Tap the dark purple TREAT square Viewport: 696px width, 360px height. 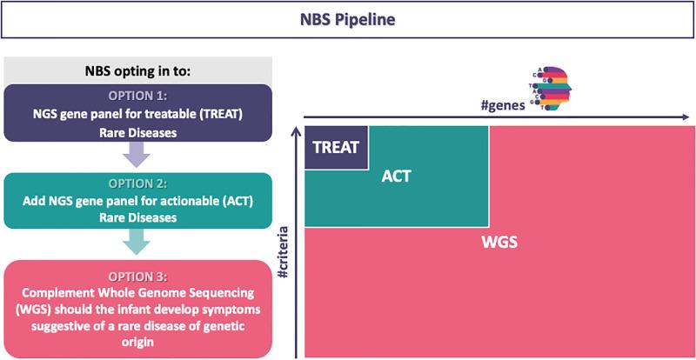(x=336, y=147)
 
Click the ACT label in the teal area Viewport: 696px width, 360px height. (x=396, y=177)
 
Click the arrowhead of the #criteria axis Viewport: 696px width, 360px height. (x=295, y=128)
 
